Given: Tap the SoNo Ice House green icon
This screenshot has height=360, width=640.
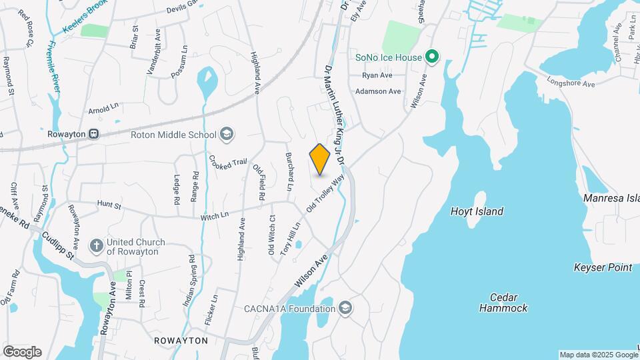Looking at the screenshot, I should pyautogui.click(x=431, y=57).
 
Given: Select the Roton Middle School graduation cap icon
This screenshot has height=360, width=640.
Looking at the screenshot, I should pyautogui.click(x=227, y=135).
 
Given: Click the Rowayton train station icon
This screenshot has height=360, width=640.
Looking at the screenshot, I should pyautogui.click(x=95, y=133).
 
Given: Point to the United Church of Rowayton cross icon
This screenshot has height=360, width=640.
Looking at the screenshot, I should pyautogui.click(x=96, y=246).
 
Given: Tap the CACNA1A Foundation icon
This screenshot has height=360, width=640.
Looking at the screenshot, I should pyautogui.click(x=345, y=308).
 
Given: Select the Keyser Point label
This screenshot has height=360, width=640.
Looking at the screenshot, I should pyautogui.click(x=602, y=268).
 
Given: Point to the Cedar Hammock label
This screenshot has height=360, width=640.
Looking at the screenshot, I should pyautogui.click(x=503, y=303).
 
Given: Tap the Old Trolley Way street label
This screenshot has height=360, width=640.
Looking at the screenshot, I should pyautogui.click(x=326, y=193).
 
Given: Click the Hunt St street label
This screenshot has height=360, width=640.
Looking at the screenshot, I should pyautogui.click(x=109, y=205).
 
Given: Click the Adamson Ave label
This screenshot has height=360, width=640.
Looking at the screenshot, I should pyautogui.click(x=378, y=91).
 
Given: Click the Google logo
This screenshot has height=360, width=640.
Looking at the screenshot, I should pyautogui.click(x=22, y=351).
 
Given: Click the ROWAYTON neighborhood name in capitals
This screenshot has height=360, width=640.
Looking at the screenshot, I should pyautogui.click(x=181, y=341).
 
